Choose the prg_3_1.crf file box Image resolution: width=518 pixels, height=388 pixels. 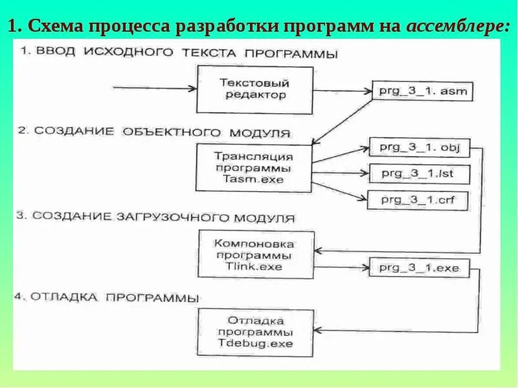coord(418,200)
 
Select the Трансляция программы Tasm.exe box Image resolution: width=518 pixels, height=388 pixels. coord(253,166)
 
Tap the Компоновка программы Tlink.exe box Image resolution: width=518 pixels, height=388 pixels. coord(255,255)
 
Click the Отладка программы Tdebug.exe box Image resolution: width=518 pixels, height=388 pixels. coord(255,332)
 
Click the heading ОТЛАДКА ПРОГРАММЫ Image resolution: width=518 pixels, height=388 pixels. coord(107,297)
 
